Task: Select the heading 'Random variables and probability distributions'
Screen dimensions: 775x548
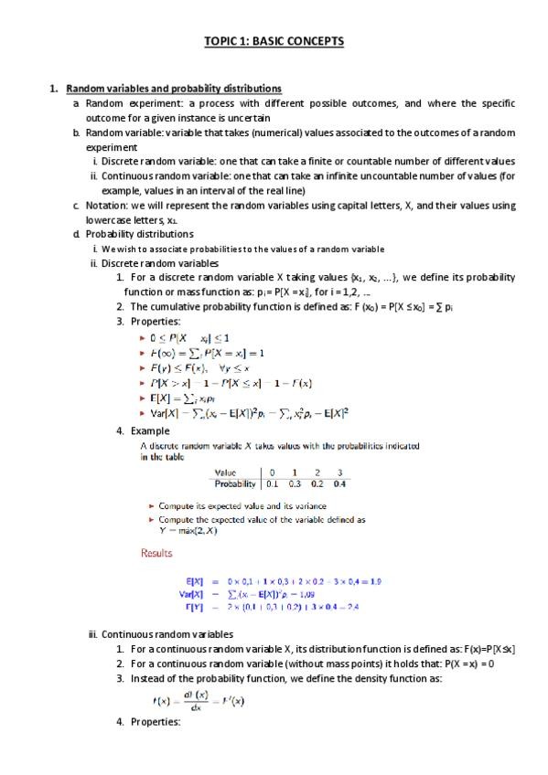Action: point(174,89)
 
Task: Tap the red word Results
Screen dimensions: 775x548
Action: point(156,553)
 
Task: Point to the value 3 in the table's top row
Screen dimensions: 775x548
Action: point(340,472)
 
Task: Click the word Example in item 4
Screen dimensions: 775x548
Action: point(150,430)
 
